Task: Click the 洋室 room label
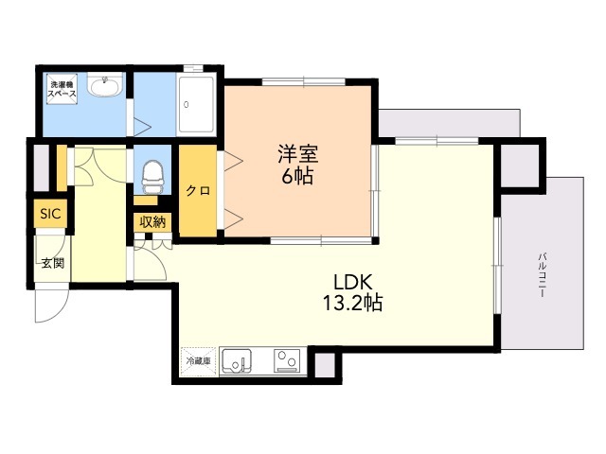coord(297,154)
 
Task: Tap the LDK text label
coord(353,282)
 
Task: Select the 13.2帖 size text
coord(352,303)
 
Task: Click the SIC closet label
coord(50,213)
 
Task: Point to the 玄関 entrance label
coord(53,263)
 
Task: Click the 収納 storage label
coord(152,222)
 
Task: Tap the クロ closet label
coord(198,191)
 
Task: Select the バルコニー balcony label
coord(543,274)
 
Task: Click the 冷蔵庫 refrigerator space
coord(198,361)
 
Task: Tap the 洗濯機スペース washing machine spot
coord(62,89)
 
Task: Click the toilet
coord(152,177)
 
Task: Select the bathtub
coord(196,104)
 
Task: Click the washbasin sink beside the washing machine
coord(104,84)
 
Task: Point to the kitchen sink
coord(236,361)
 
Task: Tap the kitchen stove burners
coord(287,361)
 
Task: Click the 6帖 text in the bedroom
coord(297,176)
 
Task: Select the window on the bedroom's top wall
coord(304,82)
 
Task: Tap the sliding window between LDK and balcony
coord(497,266)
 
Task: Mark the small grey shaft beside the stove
coord(325,365)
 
